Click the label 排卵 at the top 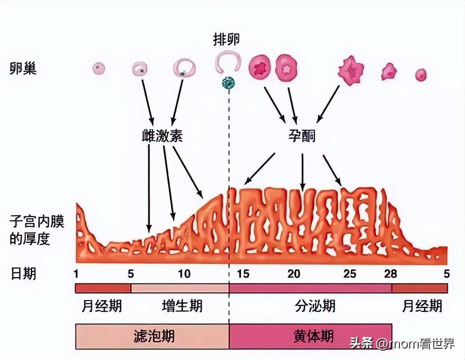(x=226, y=40)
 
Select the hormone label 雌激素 (x=162, y=136)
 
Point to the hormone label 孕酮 (x=302, y=136)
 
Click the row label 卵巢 (x=23, y=69)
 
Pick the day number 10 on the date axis (x=184, y=274)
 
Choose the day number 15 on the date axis (x=243, y=274)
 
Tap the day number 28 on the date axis (x=390, y=274)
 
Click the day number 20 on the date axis (x=294, y=274)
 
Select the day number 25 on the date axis (x=349, y=274)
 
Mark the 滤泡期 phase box (x=152, y=336)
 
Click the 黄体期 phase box (x=310, y=336)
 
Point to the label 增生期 (x=182, y=306)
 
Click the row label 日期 (x=23, y=274)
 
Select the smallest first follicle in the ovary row (x=99, y=69)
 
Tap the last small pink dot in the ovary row (x=421, y=75)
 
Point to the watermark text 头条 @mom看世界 (x=402, y=344)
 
